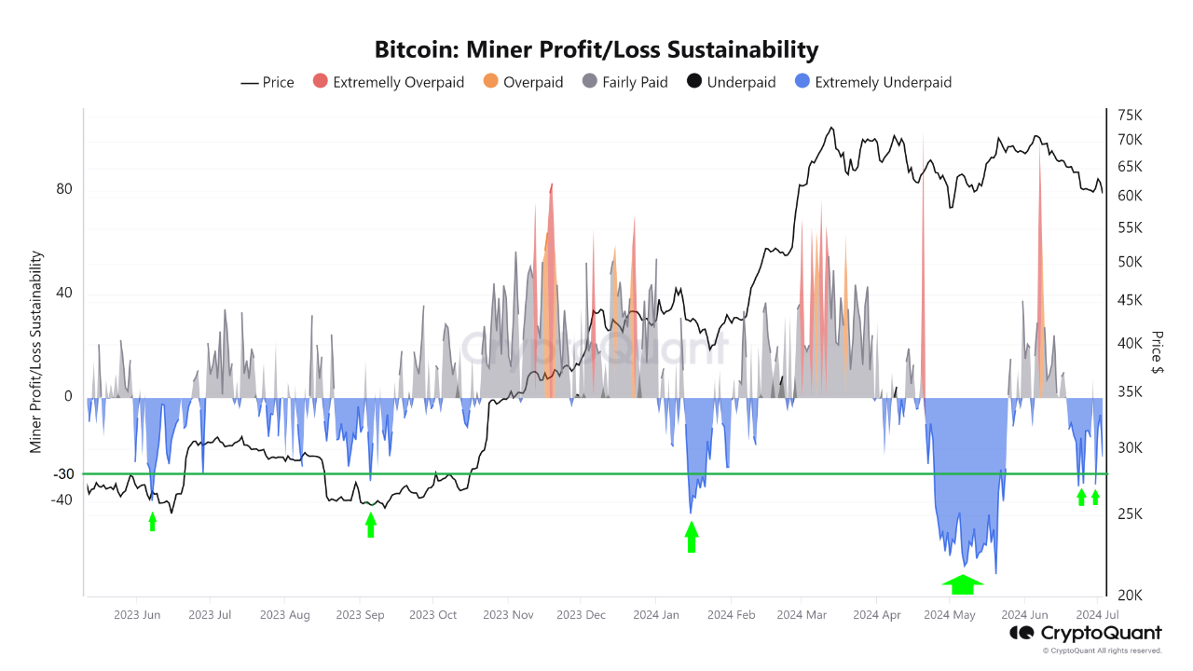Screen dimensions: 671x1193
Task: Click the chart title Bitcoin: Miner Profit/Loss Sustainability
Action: (x=596, y=49)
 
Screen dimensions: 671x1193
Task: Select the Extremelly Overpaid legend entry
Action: (x=389, y=82)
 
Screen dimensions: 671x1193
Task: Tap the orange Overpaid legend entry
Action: (x=524, y=82)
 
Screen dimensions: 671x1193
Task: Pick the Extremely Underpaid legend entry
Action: (x=872, y=82)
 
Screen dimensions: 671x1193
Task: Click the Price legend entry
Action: (x=267, y=82)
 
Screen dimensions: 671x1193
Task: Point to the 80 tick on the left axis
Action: (x=64, y=189)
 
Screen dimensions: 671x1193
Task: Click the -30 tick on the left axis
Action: (x=62, y=473)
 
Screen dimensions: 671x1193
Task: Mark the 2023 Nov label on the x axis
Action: (x=509, y=615)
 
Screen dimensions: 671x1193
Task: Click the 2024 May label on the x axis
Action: (x=950, y=615)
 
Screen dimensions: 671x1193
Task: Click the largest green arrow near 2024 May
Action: (x=963, y=584)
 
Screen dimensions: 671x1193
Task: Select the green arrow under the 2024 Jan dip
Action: (x=691, y=537)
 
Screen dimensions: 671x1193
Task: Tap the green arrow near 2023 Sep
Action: (x=371, y=525)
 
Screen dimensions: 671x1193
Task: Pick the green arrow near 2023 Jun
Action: (x=153, y=522)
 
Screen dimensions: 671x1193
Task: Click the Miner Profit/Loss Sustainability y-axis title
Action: (x=36, y=351)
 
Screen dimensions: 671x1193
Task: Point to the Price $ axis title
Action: (x=1157, y=352)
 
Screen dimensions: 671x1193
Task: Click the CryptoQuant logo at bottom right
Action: (x=1086, y=634)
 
